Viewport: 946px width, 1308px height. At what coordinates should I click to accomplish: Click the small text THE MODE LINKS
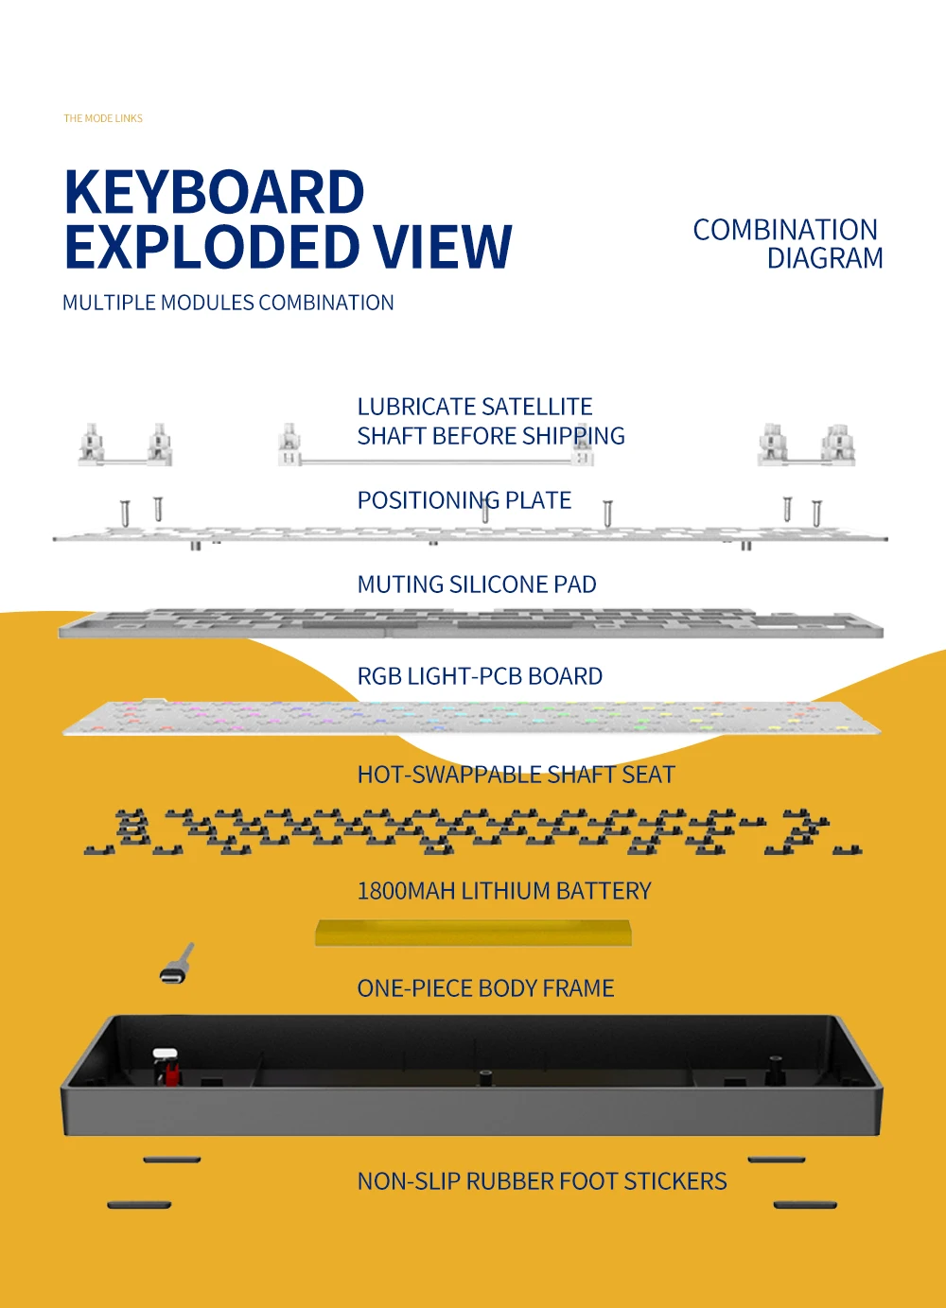pos(103,119)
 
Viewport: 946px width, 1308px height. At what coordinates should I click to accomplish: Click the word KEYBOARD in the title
pos(215,193)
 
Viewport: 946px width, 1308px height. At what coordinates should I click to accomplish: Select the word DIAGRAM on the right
pos(825,258)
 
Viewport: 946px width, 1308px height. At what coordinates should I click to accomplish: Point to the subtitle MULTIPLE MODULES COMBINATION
pos(228,304)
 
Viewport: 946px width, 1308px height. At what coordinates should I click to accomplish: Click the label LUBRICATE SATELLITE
pos(475,407)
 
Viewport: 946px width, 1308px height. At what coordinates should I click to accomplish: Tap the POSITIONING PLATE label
pos(464,500)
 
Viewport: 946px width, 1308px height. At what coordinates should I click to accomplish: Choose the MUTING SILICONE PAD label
pos(477,584)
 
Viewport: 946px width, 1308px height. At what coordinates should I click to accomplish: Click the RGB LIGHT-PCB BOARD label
pos(480,676)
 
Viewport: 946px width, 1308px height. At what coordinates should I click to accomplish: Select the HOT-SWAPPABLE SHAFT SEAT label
pos(516,775)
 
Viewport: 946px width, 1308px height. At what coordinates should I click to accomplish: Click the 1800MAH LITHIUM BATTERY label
pos(504,891)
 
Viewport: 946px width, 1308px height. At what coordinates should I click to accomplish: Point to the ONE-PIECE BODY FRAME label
pos(485,988)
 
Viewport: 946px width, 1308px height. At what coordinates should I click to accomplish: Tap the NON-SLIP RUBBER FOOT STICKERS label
pos(542,1181)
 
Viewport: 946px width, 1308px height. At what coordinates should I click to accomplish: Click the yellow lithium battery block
pos(473,933)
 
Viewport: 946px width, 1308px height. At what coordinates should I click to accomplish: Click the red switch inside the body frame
pos(171,1074)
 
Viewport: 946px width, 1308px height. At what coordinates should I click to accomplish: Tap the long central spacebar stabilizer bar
pos(435,461)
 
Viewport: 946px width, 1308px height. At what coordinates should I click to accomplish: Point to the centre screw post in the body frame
pos(484,1077)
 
